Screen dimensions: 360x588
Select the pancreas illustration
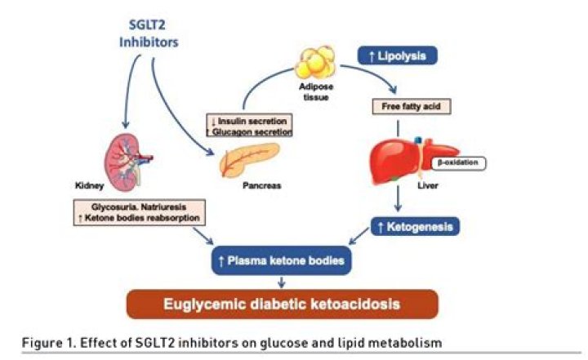click(249, 160)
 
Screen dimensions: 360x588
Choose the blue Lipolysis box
click(398, 56)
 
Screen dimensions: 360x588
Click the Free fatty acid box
click(399, 106)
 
